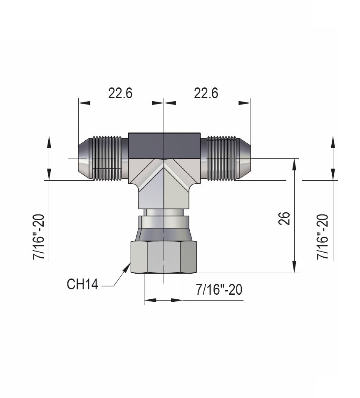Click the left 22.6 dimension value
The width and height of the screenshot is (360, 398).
[120, 93]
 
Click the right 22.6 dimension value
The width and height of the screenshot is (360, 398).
[206, 93]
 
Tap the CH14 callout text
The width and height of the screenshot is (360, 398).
[82, 285]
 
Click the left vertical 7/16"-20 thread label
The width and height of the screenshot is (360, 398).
[40, 237]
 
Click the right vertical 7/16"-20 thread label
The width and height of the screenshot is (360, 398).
[323, 237]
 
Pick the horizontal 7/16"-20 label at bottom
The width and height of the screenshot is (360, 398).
[219, 290]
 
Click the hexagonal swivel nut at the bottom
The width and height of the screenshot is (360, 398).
[164, 257]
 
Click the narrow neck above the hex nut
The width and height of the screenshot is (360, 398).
[164, 213]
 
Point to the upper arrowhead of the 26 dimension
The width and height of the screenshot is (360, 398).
[295, 163]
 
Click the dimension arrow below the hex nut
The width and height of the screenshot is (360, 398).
[164, 300]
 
